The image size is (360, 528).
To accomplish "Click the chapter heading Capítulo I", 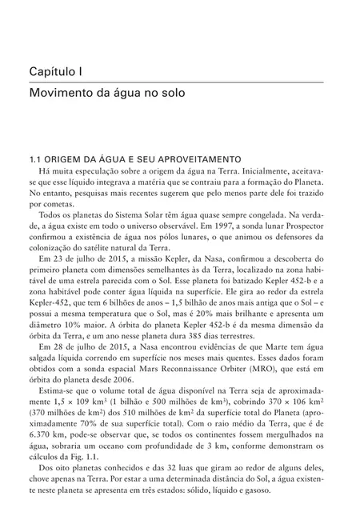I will tap(58, 72).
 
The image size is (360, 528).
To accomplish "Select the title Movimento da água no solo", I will tap(106, 93).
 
